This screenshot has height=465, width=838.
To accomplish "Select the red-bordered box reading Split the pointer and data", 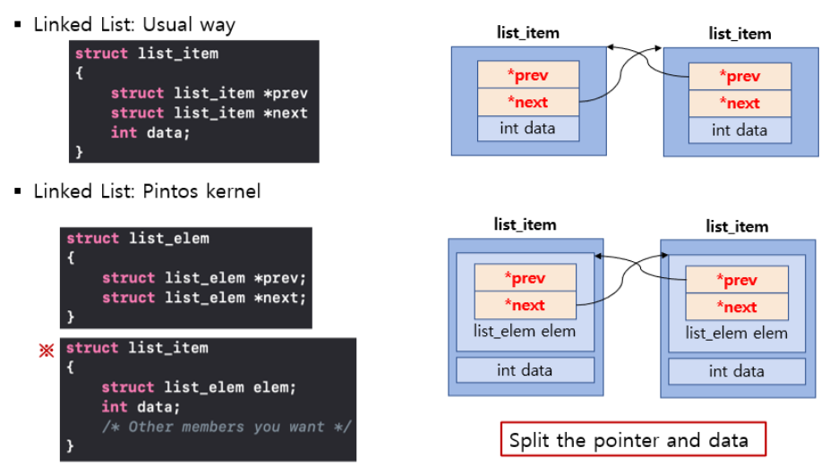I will tap(633, 439).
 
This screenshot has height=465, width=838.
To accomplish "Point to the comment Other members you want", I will tap(227, 427).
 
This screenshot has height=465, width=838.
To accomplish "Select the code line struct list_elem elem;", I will tap(199, 387).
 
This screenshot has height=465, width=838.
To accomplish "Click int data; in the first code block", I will tap(150, 132).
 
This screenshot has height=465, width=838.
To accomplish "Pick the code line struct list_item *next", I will tap(209, 113).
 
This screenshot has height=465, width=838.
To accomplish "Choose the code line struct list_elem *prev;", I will tap(204, 278).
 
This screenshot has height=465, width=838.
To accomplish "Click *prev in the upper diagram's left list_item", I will tap(527, 74).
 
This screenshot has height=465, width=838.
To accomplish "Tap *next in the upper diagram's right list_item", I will tap(740, 103).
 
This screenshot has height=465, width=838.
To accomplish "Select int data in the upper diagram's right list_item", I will tap(740, 131).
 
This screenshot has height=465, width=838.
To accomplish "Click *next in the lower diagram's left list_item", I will tap(525, 305).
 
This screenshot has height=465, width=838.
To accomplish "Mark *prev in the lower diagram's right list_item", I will tap(737, 280).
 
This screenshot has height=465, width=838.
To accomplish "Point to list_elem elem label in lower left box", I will tap(525, 331).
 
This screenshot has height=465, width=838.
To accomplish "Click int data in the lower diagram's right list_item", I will tap(737, 371).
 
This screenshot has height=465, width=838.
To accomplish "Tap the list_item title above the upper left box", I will tap(528, 33).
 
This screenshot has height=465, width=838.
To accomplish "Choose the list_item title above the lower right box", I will tap(737, 226).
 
